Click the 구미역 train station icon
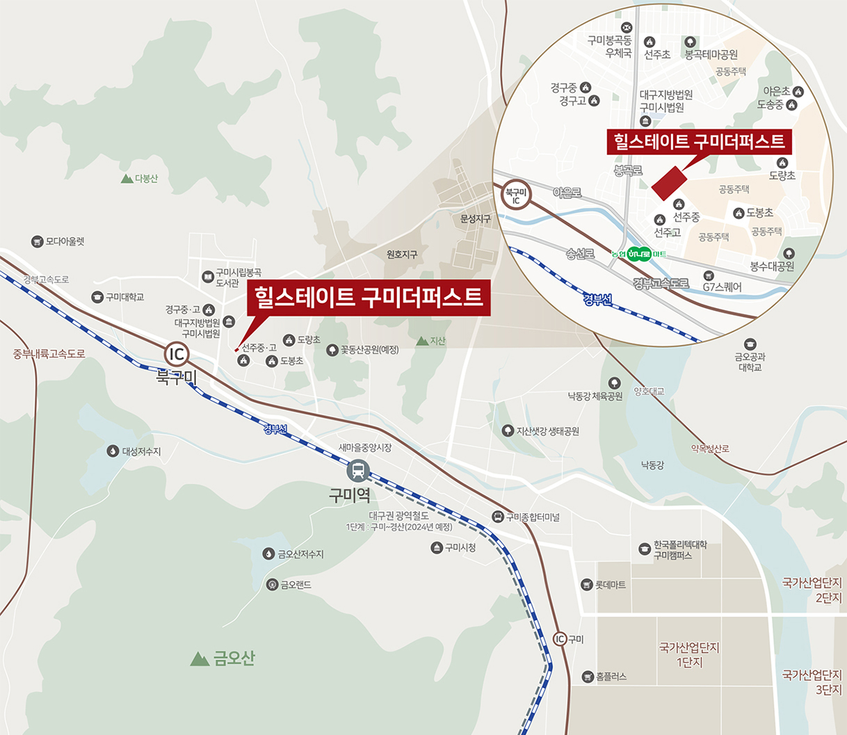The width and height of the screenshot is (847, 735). [358, 471]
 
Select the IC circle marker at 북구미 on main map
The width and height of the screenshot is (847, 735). [177, 354]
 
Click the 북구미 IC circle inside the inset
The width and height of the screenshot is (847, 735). [516, 196]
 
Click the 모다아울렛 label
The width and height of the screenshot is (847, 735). [65, 241]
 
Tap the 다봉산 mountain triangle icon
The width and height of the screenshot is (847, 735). [127, 179]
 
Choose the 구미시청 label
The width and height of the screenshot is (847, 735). [460, 547]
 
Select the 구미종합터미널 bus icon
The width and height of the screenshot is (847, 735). [498, 517]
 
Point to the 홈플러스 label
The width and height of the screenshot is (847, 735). [611, 676]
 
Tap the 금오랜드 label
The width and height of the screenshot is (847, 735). [296, 585]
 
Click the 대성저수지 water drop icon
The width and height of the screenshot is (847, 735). [113, 451]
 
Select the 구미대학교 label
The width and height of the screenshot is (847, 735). [124, 297]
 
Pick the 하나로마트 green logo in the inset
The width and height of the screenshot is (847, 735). [640, 254]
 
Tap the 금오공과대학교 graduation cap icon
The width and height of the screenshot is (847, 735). [750, 344]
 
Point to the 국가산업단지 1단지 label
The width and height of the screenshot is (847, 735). [689, 654]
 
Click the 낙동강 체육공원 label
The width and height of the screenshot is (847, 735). [595, 396]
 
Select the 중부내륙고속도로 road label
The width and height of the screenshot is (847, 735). [49, 353]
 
